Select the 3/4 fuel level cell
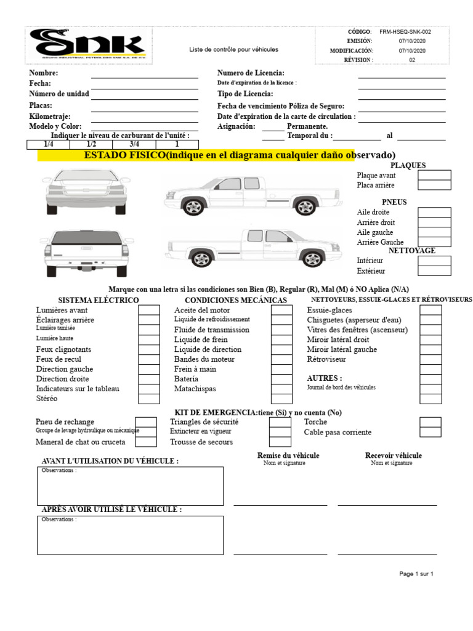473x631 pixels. pyautogui.click(x=134, y=144)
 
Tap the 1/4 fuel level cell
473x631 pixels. pyautogui.click(x=49, y=144)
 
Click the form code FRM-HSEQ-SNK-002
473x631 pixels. pyautogui.click(x=405, y=31)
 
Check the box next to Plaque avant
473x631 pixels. pyautogui.click(x=434, y=176)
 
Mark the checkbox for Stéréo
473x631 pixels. pyautogui.click(x=148, y=399)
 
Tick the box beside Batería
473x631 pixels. pyautogui.click(x=281, y=379)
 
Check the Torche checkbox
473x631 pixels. pyautogui.click(x=431, y=422)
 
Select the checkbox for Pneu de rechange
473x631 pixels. pyautogui.click(x=145, y=422)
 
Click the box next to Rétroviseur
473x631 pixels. pyautogui.click(x=431, y=359)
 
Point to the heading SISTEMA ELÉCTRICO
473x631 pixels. pyautogui.click(x=99, y=300)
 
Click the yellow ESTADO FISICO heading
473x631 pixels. pyautogui.click(x=216, y=155)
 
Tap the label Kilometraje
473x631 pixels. pyautogui.click(x=50, y=116)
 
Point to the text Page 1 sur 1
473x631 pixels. pyautogui.click(x=416, y=574)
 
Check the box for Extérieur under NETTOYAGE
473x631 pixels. pyautogui.click(x=434, y=271)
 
